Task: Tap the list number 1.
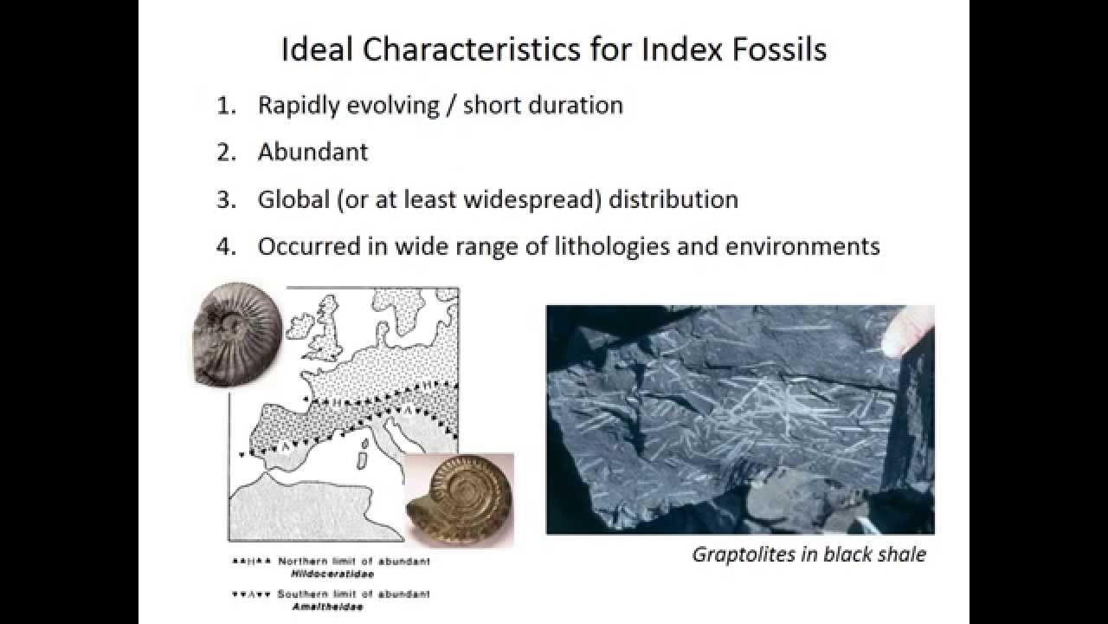(226, 106)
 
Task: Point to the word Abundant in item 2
(312, 152)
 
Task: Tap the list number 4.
(226, 246)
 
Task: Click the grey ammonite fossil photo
(235, 333)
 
